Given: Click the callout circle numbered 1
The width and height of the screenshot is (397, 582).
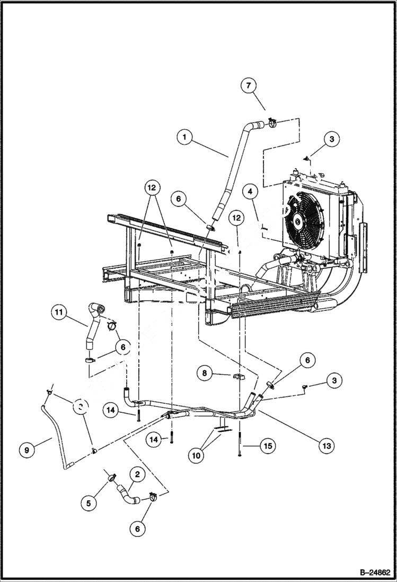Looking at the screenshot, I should [184, 137].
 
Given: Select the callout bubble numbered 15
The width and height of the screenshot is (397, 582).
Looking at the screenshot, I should [268, 446].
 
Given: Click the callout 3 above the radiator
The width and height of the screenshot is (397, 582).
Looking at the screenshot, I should [331, 139].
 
